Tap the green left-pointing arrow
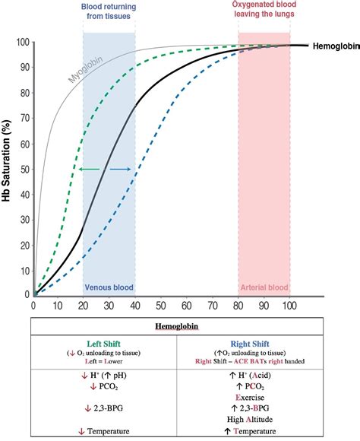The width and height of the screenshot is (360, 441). click(89, 169)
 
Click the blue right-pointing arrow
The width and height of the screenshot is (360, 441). click(120, 169)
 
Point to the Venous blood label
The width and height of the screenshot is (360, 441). click(109, 287)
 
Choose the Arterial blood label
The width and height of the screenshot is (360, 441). click(264, 287)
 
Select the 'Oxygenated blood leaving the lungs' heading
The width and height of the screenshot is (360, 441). click(264, 11)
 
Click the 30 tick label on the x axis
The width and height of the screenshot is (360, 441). click(109, 305)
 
